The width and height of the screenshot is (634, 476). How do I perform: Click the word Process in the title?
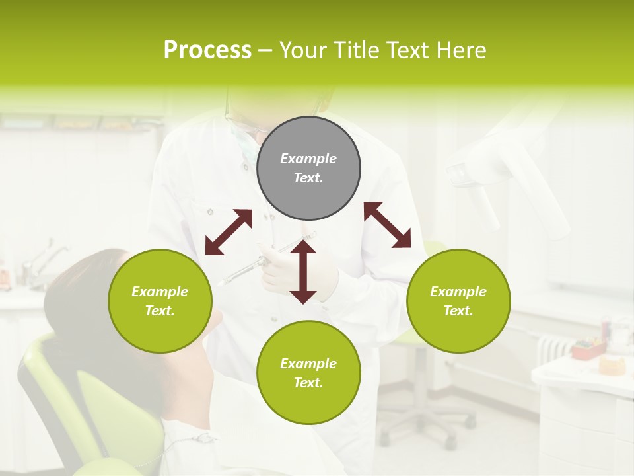click(207, 50)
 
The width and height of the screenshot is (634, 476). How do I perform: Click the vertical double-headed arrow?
click(303, 272)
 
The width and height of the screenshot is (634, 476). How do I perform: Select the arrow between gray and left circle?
click(229, 232)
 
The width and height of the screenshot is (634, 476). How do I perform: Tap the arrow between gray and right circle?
click(387, 225)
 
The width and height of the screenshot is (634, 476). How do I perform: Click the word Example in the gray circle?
click(308, 159)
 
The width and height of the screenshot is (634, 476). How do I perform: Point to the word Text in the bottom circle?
click(308, 383)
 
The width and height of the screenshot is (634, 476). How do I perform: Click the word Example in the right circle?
click(458, 292)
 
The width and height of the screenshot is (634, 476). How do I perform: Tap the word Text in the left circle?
click(160, 311)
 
